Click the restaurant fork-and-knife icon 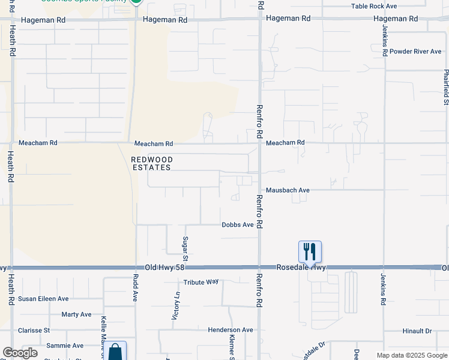click(x=310, y=251)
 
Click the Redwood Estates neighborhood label click(x=152, y=163)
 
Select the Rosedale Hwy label click(x=301, y=267)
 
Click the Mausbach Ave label click(x=288, y=190)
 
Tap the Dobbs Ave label click(x=238, y=225)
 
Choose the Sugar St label click(x=185, y=248)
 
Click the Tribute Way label click(x=201, y=282)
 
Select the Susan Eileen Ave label click(x=43, y=299)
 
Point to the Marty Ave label click(x=76, y=314)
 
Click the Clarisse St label click(x=34, y=330)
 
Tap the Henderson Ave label click(x=231, y=330)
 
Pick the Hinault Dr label click(x=416, y=331)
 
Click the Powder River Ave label click(x=415, y=52)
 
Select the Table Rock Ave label click(x=374, y=6)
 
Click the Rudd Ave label click(x=136, y=287)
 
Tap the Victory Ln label click(x=176, y=306)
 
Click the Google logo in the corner click(x=20, y=353)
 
